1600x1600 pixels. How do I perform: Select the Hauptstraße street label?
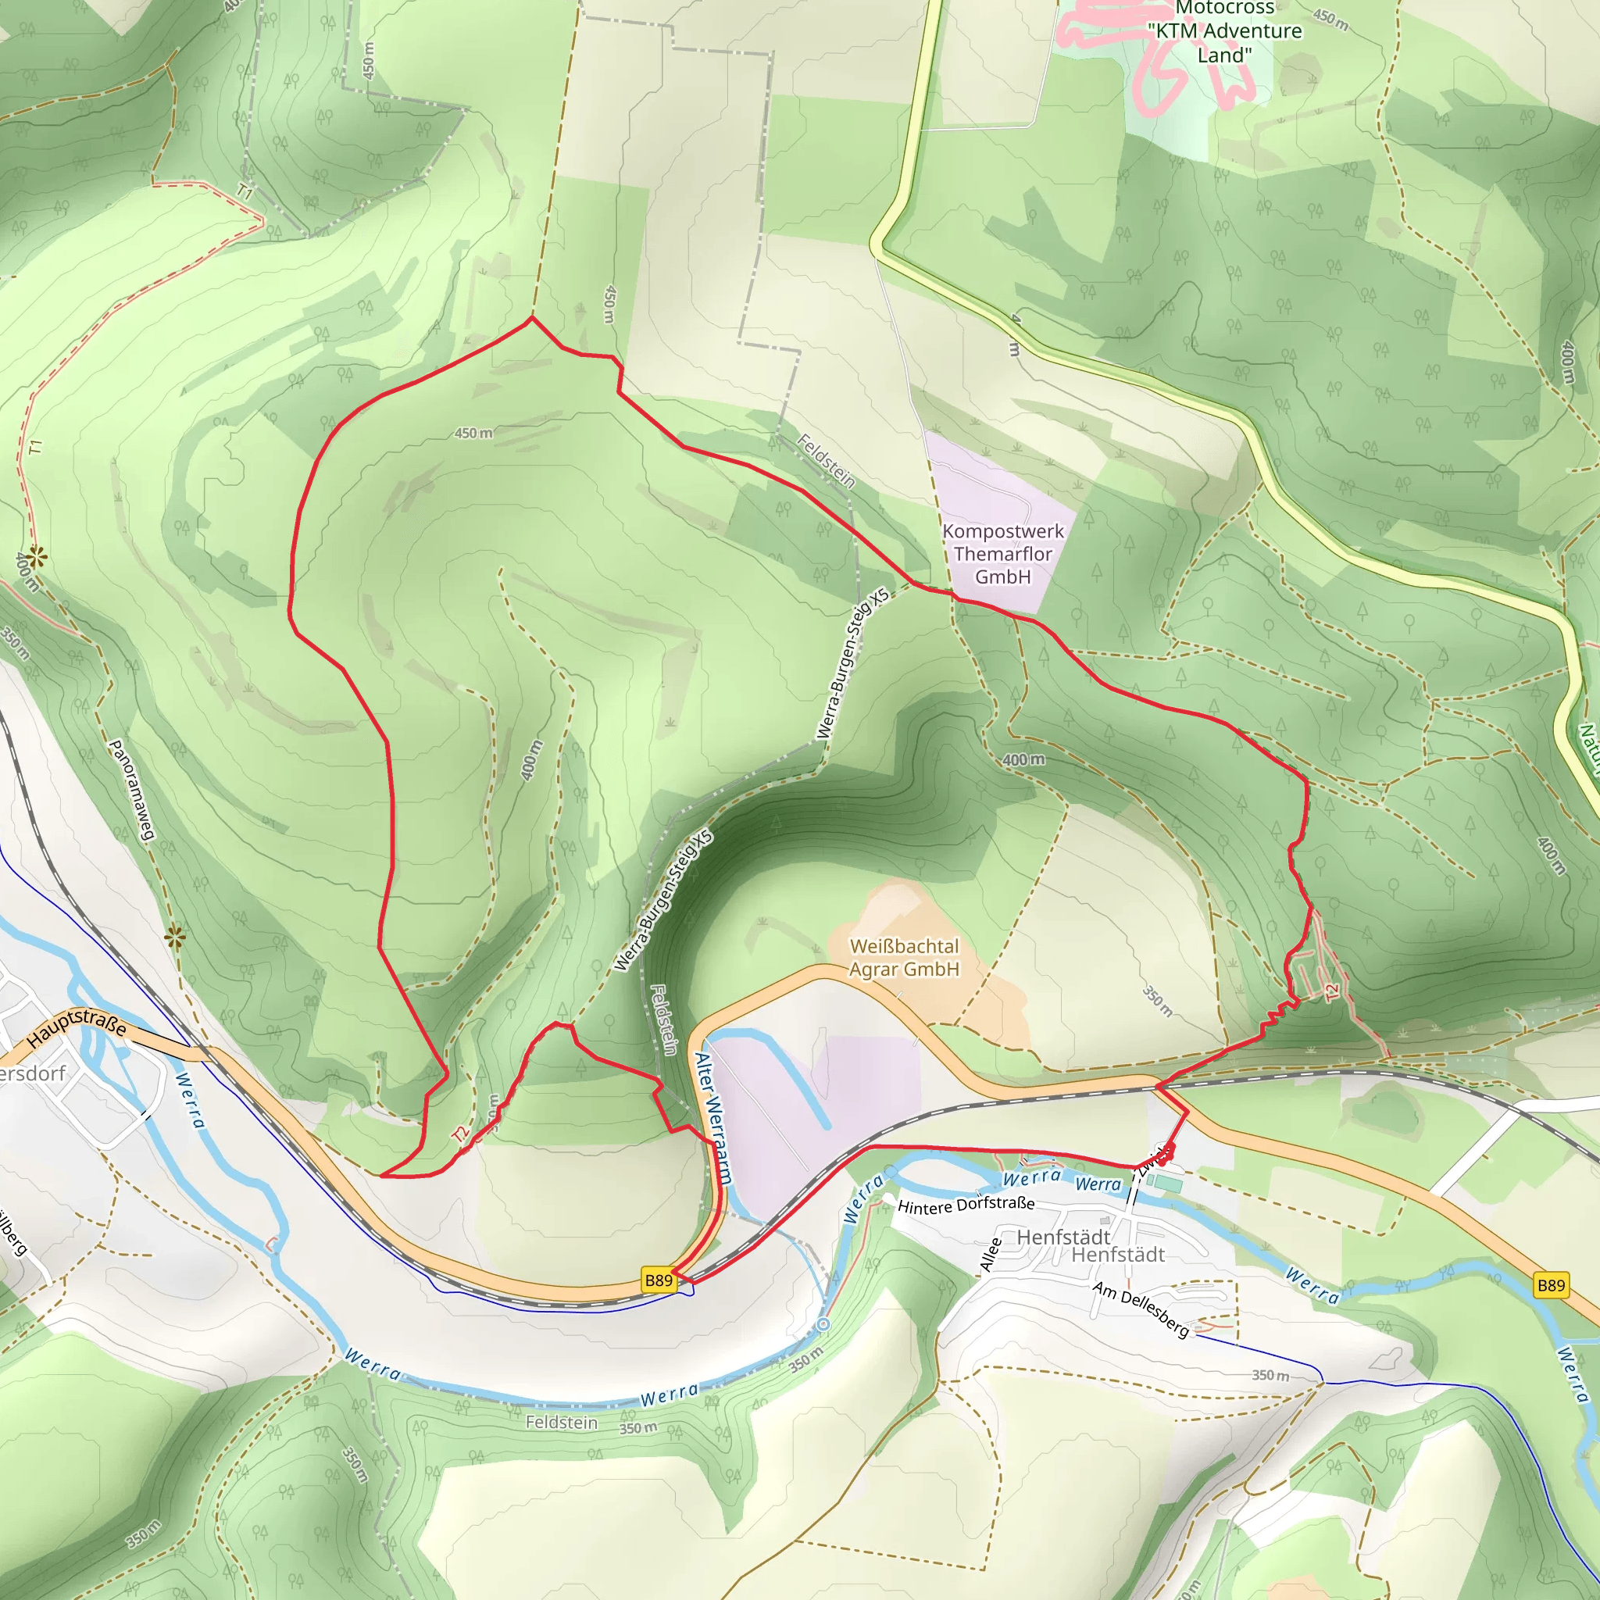click(x=77, y=1028)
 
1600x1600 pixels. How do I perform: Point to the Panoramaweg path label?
click(x=133, y=790)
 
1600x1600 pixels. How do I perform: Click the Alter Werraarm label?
click(x=713, y=1118)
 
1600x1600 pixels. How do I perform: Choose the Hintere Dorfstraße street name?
click(x=966, y=1205)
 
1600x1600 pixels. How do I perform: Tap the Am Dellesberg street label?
click(x=1141, y=1309)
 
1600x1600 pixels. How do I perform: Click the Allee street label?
click(x=991, y=1254)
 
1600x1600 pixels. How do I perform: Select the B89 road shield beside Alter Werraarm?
click(x=659, y=1280)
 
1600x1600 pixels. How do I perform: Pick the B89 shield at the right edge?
click(x=1550, y=1285)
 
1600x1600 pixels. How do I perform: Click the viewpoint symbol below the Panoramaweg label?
click(x=175, y=937)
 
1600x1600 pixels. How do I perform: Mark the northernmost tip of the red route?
click(x=532, y=317)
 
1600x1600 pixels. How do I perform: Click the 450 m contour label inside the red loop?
click(x=473, y=433)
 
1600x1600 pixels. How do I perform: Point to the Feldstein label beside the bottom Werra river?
click(x=562, y=1423)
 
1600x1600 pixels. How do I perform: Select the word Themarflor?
click(x=1003, y=554)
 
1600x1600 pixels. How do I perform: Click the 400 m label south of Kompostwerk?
click(x=1023, y=759)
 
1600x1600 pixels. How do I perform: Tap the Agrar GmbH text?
click(x=905, y=969)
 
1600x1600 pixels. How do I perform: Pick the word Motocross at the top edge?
click(x=1225, y=9)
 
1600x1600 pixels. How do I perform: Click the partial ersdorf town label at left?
click(x=33, y=1074)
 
